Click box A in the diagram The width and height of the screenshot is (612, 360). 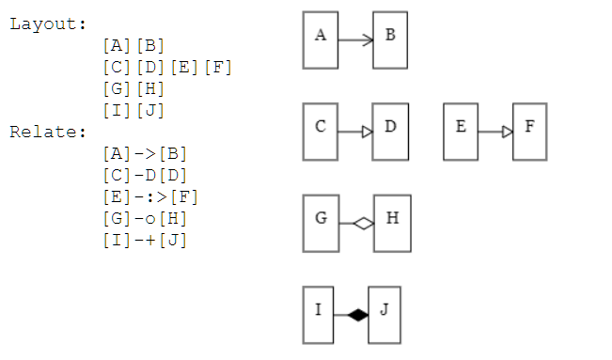[321, 40]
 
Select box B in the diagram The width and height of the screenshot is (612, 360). [390, 40]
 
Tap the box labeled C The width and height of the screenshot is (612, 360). [321, 132]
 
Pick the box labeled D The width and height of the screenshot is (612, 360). [390, 132]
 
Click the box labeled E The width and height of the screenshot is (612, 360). [461, 132]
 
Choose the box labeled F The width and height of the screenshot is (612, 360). [529, 132]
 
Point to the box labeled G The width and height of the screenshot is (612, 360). [321, 223]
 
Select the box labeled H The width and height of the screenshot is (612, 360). [392, 223]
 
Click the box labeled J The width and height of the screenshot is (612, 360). [384, 315]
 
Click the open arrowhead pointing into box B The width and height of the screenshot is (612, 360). [368, 40]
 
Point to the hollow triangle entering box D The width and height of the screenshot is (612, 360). [368, 132]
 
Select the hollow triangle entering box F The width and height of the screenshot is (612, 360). [508, 132]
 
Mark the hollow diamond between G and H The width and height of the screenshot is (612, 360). [363, 223]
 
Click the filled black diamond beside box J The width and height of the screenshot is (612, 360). [357, 315]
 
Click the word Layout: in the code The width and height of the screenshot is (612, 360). [48, 23]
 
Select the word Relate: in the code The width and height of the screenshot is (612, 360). [48, 131]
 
